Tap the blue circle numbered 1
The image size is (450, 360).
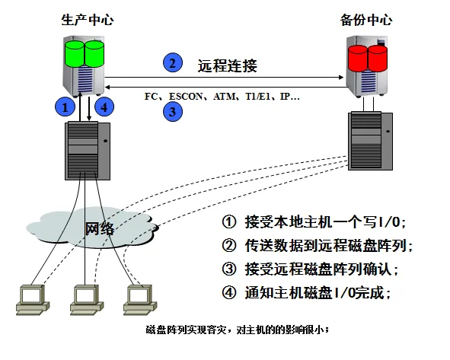coord(65,107)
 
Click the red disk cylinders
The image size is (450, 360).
coord(368,58)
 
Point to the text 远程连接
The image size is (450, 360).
coord(227,65)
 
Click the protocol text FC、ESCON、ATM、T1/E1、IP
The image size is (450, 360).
coord(222,97)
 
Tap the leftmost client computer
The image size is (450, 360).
coord(32,299)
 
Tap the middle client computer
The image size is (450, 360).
coord(85,299)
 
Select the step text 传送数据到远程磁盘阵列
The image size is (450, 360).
coord(318,245)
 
